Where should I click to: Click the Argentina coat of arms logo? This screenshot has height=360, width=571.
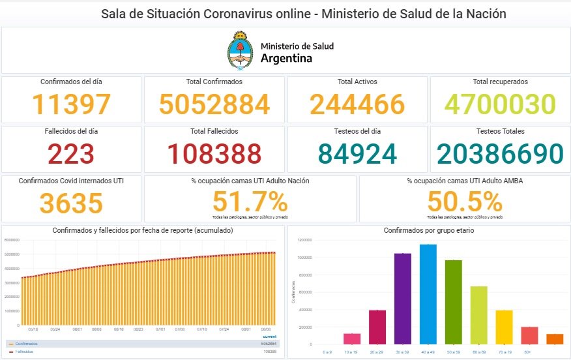[x=241, y=51]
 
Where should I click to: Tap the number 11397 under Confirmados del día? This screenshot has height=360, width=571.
[x=72, y=105]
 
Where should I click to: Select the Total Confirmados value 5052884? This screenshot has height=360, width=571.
[x=214, y=105]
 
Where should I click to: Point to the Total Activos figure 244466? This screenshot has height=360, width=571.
[x=357, y=105]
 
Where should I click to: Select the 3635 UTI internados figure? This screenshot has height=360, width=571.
[x=71, y=203]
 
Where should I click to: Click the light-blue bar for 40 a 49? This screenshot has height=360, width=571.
[x=428, y=293]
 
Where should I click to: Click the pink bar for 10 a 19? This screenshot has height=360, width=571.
[x=352, y=338]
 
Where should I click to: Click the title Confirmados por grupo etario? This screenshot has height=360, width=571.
[x=428, y=231]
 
